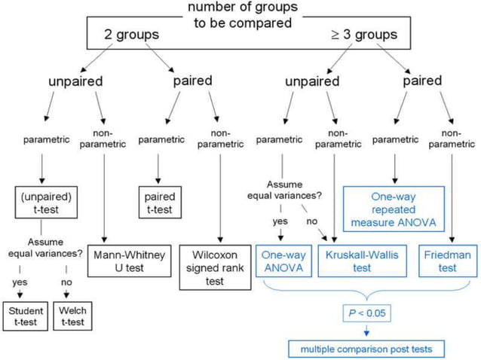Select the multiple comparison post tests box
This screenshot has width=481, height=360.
[x=366, y=349]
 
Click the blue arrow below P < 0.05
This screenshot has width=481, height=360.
[x=366, y=329]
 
